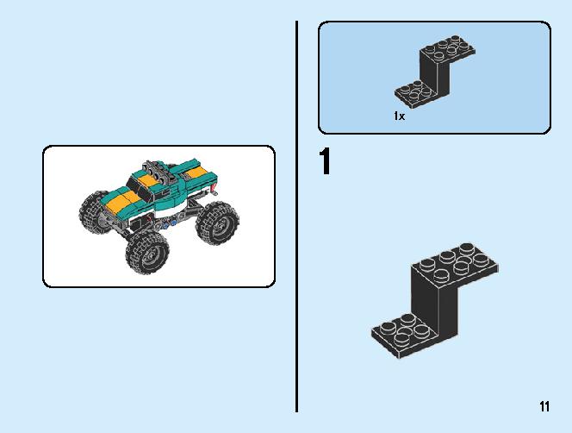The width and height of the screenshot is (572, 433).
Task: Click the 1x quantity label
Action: [x=399, y=116]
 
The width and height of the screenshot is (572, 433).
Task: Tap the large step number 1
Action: [x=325, y=161]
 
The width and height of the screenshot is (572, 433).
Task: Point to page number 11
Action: [x=544, y=406]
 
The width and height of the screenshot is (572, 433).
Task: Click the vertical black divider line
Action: [x=297, y=216]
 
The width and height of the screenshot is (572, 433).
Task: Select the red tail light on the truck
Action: [x=214, y=190]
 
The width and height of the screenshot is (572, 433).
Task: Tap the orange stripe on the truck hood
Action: [x=123, y=201]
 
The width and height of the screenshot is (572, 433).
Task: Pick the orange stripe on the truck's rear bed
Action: [x=198, y=172]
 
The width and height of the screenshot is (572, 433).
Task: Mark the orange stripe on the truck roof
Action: [x=149, y=179]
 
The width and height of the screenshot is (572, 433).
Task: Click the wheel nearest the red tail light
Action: [x=217, y=223]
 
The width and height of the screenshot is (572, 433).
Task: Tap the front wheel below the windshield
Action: [x=147, y=251]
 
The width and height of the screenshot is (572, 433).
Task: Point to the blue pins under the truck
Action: [x=170, y=223]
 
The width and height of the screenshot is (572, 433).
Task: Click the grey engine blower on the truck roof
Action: [x=160, y=171]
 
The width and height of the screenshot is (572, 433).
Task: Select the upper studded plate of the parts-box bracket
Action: [x=448, y=48]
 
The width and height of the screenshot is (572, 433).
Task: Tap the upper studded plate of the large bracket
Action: [x=455, y=262]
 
